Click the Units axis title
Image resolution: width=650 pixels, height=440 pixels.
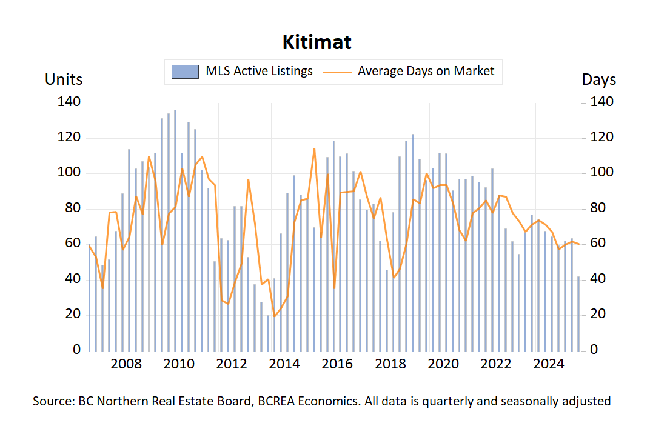point(64,79)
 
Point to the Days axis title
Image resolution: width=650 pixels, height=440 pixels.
point(598,79)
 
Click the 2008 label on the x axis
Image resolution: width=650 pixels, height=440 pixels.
point(126,364)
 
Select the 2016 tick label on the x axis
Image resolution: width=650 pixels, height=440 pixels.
point(337,364)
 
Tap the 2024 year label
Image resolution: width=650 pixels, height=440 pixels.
point(549,364)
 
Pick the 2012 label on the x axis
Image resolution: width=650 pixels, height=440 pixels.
point(232,364)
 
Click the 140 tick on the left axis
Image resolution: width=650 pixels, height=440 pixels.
point(69,102)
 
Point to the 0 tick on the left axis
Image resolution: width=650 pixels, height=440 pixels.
point(76,350)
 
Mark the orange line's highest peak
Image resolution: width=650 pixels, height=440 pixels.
point(314,148)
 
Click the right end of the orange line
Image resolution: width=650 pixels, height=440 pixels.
point(579,244)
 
